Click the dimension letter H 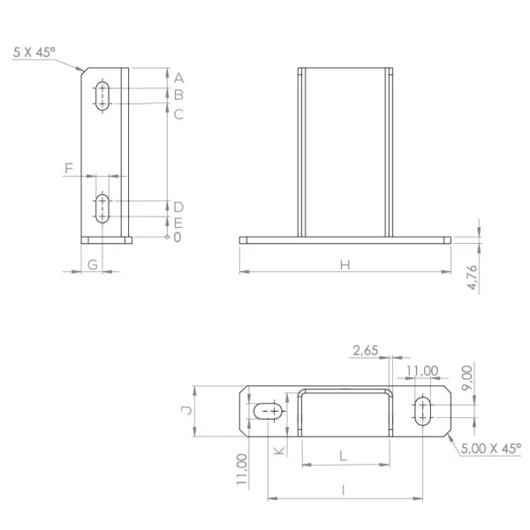tap(344, 265)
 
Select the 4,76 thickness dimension tap(473, 277)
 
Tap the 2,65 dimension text tap(366, 351)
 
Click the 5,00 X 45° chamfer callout tap(491, 449)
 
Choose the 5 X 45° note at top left tap(34, 52)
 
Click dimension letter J tap(186, 411)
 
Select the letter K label tap(279, 450)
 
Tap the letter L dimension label tap(343, 457)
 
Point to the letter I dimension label tap(344, 489)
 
